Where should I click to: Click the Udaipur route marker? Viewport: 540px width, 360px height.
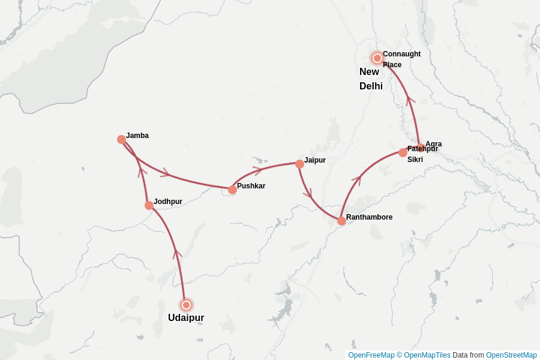pyautogui.click(x=186, y=305)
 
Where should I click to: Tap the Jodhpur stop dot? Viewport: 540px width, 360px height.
pyautogui.click(x=149, y=205)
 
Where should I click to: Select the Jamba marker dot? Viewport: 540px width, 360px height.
pyautogui.click(x=121, y=139)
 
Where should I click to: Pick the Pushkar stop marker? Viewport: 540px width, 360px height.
pyautogui.click(x=232, y=190)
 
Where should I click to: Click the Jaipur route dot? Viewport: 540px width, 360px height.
pyautogui.click(x=299, y=164)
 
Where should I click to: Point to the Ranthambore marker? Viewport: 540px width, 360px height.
pyautogui.click(x=341, y=221)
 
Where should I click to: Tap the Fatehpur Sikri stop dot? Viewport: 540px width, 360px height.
pyautogui.click(x=403, y=152)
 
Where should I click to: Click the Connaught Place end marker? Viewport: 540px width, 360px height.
pyautogui.click(x=377, y=58)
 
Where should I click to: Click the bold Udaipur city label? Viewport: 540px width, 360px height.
pyautogui.click(x=186, y=318)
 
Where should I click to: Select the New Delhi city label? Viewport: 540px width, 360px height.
pyautogui.click(x=371, y=79)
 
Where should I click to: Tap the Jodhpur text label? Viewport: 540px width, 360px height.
pyautogui.click(x=168, y=202)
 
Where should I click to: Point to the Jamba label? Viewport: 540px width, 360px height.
pyautogui.click(x=137, y=136)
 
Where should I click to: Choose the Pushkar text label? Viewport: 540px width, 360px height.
pyautogui.click(x=251, y=186)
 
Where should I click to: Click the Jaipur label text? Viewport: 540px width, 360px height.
pyautogui.click(x=315, y=160)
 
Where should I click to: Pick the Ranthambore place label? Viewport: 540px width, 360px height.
pyautogui.click(x=369, y=217)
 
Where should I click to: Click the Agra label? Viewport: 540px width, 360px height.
pyautogui.click(x=434, y=144)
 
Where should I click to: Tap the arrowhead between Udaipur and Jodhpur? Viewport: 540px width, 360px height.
pyautogui.click(x=177, y=253)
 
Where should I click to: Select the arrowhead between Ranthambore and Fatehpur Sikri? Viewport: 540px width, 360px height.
pyautogui.click(x=359, y=179)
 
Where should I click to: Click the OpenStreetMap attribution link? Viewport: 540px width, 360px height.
pyautogui.click(x=511, y=355)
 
